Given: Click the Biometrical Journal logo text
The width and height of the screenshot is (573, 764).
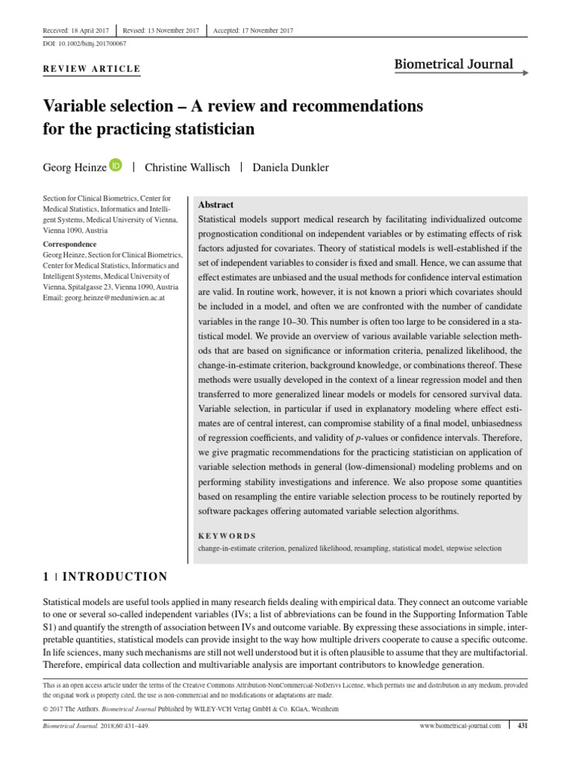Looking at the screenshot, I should coord(454,63).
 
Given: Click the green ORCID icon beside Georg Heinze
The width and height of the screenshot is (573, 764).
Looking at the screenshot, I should coord(116,165).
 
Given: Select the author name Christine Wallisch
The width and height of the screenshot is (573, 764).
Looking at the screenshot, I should coord(187,167).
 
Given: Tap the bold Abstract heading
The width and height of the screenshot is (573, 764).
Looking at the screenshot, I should coord(216,204).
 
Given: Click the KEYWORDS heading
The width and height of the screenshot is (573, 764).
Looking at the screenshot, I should coord(227,536).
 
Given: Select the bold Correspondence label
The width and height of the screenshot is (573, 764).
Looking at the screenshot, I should coord(69,244).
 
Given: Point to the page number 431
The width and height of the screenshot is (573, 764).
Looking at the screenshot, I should coord(522,725).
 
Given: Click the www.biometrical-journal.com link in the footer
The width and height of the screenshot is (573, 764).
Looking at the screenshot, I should coord(461,725).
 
